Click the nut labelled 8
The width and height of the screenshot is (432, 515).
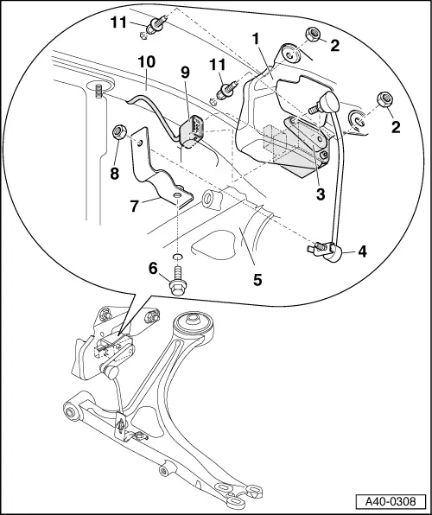point(121,133)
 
